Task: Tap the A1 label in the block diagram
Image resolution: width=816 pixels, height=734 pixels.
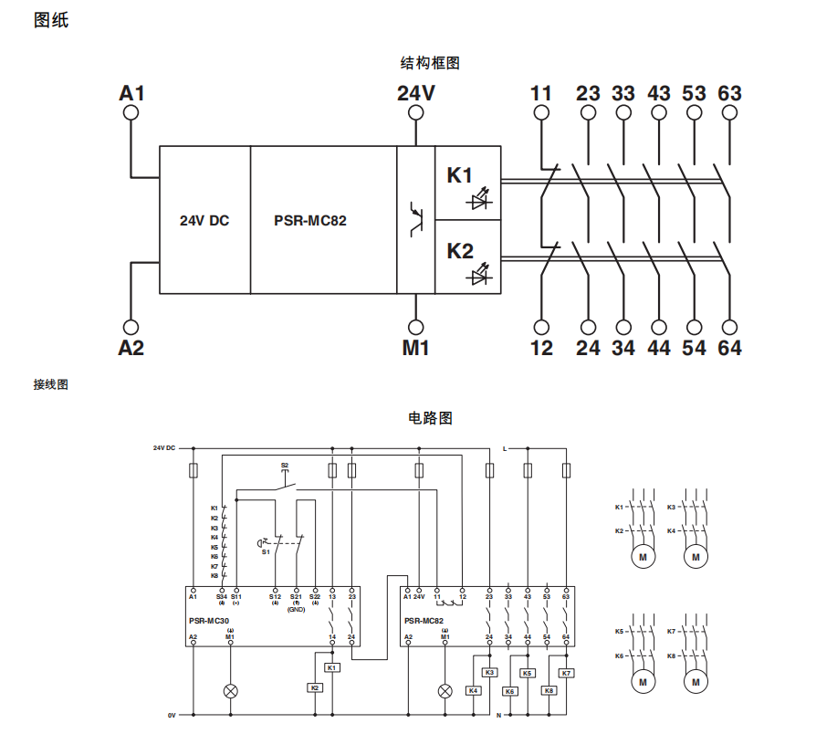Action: (131, 93)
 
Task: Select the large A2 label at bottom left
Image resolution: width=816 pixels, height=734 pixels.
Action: (131, 348)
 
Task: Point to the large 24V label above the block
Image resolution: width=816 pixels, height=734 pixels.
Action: (415, 93)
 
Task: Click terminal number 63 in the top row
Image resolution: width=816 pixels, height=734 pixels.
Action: (729, 93)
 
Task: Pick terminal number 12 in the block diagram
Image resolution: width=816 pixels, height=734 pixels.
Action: (541, 348)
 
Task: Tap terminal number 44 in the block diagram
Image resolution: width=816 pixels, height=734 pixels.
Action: (658, 348)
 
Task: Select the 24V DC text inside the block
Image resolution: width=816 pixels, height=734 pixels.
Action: (204, 220)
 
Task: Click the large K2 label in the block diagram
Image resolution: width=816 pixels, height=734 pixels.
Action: (460, 250)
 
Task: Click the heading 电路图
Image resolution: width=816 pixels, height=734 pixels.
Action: (429, 418)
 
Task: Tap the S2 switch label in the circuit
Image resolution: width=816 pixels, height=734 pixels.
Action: (285, 466)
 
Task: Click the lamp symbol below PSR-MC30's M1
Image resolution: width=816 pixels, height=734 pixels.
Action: (230, 691)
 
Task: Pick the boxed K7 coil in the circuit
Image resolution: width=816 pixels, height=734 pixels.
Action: (566, 674)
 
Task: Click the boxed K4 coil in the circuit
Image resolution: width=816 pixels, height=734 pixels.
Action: (474, 691)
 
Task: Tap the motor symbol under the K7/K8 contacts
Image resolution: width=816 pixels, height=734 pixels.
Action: (696, 681)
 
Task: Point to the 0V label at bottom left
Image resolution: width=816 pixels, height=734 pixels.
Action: (171, 715)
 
